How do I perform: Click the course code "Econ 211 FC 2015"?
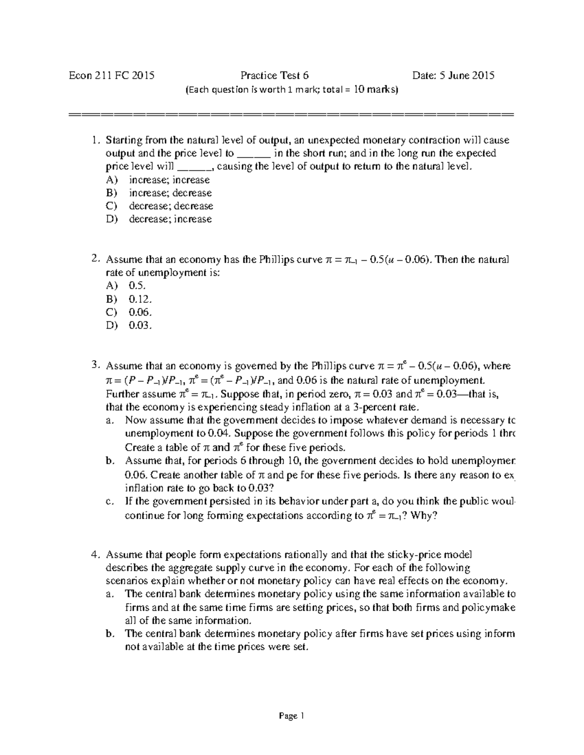111,75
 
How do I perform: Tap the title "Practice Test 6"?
274,75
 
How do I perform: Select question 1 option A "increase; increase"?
169,180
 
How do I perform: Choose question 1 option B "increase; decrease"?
170,193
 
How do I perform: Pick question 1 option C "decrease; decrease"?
171,206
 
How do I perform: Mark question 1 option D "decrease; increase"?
170,219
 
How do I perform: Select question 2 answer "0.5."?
137,286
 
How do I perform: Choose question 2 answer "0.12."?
140,299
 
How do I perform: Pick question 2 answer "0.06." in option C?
140,312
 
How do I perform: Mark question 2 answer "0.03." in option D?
140,325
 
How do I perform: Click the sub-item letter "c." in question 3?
110,502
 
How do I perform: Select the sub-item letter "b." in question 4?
110,634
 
